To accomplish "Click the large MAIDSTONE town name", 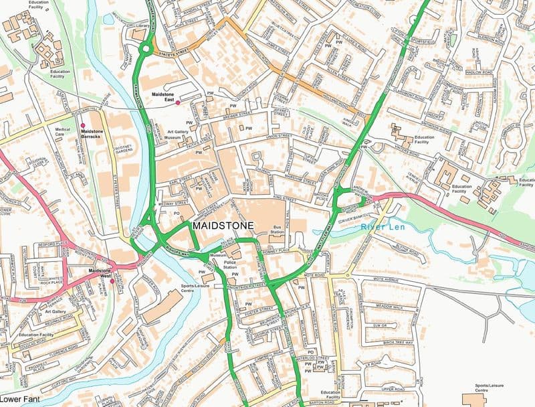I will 223,226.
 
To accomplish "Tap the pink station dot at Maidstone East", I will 177,102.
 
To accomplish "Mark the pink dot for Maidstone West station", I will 112,281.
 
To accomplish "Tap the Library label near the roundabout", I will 140,26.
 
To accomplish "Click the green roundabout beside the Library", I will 145,48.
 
